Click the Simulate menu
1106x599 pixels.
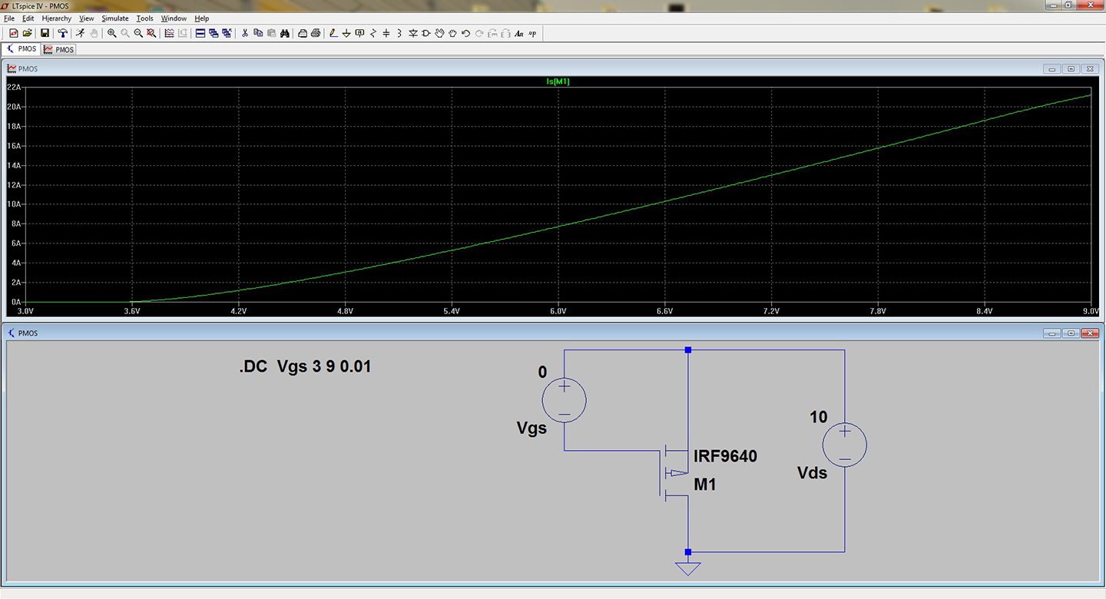point(115,18)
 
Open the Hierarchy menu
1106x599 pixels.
point(56,18)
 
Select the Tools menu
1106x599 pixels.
point(144,18)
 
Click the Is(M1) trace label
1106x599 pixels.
point(558,81)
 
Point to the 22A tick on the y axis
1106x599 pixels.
point(14,87)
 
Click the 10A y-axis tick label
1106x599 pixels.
point(14,204)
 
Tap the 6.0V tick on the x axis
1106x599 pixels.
point(558,311)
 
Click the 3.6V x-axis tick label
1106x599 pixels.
point(132,311)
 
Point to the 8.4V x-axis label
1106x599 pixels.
point(984,311)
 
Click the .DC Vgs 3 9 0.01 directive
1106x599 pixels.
point(305,366)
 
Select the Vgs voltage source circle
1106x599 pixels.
point(564,400)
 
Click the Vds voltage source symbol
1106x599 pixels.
point(844,445)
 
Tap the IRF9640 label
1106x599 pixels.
point(725,456)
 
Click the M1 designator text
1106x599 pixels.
point(704,485)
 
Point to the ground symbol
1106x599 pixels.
point(688,568)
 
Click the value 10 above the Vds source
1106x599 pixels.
point(818,417)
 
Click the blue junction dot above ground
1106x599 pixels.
point(688,552)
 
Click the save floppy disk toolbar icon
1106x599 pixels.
point(45,33)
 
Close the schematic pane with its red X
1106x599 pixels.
point(1090,333)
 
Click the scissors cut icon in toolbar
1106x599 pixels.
point(244,33)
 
